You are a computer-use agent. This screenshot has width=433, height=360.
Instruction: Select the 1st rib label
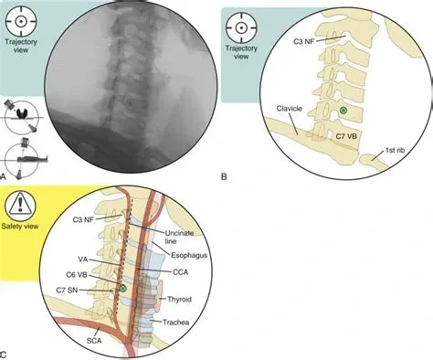pos(397,150)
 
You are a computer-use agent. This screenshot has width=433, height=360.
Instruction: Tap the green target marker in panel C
pos(121,289)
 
